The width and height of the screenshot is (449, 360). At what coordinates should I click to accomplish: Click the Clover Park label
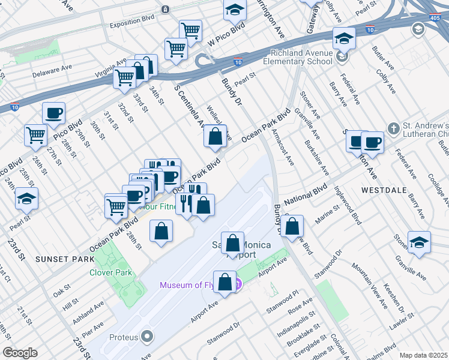click(x=110, y=272)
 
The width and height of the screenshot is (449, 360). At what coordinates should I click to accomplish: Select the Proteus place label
click(x=123, y=337)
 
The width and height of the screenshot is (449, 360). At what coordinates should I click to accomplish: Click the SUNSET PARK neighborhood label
click(x=65, y=259)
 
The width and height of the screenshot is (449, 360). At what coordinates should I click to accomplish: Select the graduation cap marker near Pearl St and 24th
click(x=26, y=198)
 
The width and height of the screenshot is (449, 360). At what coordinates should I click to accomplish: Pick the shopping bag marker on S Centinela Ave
click(x=215, y=137)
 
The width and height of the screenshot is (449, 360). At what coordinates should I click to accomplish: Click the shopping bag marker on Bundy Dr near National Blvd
click(x=292, y=227)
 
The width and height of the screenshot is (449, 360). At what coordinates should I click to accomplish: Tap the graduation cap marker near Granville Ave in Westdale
click(x=419, y=242)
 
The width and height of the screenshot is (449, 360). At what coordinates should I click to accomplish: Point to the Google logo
click(x=20, y=353)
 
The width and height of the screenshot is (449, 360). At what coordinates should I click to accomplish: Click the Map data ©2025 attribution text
click(x=423, y=355)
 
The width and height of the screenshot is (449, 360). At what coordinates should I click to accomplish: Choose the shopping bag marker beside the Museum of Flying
click(x=224, y=283)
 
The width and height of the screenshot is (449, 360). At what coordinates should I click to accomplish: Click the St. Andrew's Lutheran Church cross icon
click(x=393, y=128)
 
